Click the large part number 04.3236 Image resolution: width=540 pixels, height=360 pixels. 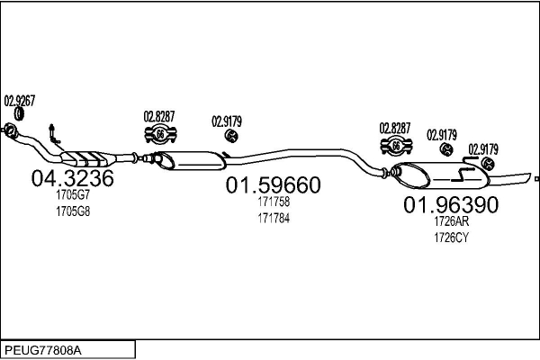point(72,178)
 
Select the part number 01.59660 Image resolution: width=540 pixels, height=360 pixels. point(273,185)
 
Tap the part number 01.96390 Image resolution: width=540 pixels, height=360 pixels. point(451,204)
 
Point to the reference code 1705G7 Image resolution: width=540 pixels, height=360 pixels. point(73,195)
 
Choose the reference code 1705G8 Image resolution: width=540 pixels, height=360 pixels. point(73,211)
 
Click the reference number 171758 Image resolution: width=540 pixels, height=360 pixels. point(274,202)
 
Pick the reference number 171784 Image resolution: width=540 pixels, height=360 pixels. point(274,219)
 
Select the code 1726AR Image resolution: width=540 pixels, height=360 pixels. point(452,221)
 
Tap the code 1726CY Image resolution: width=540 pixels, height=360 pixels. point(451,238)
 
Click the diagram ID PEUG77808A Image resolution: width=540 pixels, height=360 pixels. point(43,351)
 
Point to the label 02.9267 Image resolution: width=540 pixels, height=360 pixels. point(20,101)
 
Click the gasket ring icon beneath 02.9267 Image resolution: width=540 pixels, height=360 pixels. point(20,114)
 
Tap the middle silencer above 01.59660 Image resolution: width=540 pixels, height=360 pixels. point(189,160)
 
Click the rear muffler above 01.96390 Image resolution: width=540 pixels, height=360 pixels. point(442,175)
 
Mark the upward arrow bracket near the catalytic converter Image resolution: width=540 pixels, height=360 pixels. point(54,134)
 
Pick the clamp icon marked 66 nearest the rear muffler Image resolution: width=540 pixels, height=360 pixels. point(396,146)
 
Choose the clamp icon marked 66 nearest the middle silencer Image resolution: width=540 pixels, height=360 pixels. point(160,134)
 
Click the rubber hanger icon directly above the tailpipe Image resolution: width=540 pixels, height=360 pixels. point(488,163)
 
